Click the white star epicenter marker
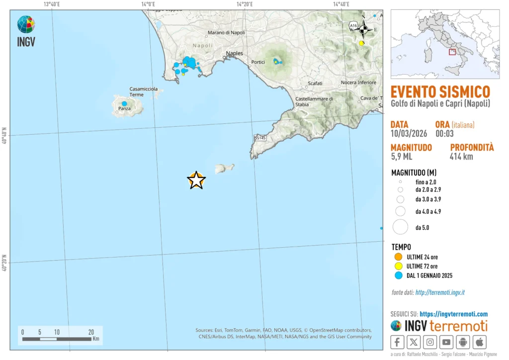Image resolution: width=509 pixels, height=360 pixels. (197, 180)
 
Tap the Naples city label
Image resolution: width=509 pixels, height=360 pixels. (235, 53)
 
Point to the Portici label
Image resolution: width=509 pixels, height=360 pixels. (258, 62)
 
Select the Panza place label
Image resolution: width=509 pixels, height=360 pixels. (124, 108)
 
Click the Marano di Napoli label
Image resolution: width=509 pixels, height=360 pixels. (227, 33)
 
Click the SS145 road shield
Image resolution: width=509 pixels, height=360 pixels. (259, 138)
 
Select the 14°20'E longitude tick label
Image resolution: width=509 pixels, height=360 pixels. (245, 4)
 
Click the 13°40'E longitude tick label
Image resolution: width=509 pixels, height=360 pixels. (52, 4)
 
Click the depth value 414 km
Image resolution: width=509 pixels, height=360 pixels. (462, 157)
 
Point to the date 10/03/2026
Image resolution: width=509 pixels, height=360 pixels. (409, 133)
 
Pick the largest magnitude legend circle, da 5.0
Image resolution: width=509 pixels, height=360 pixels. (400, 227)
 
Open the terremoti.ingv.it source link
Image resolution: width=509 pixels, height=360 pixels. (440, 293)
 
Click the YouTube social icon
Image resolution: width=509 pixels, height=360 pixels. (447, 342)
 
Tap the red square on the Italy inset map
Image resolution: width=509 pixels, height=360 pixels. (452, 52)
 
